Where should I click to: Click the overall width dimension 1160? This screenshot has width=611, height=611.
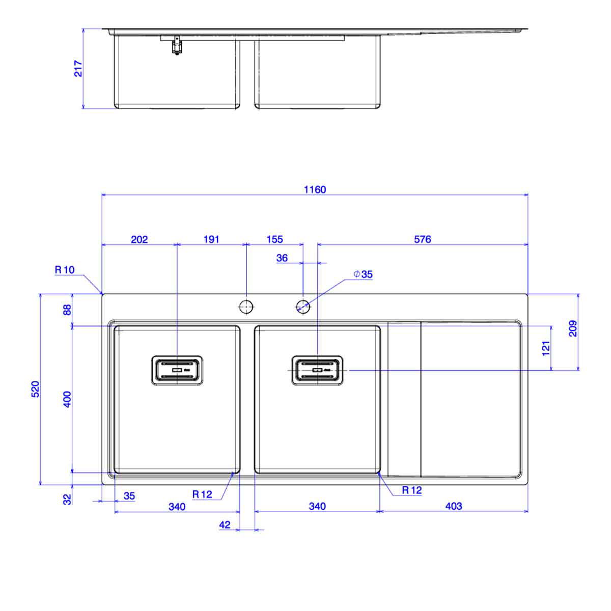pyautogui.click(x=315, y=189)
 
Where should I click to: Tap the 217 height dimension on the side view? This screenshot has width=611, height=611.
pyautogui.click(x=78, y=69)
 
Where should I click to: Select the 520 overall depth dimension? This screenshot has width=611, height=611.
pyautogui.click(x=35, y=389)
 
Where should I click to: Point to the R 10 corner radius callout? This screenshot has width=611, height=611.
pyautogui.click(x=65, y=270)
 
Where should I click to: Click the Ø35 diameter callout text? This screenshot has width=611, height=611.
pyautogui.click(x=364, y=274)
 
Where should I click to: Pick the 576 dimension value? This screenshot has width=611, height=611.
pyautogui.click(x=422, y=239)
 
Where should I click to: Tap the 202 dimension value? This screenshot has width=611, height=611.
pyautogui.click(x=139, y=239)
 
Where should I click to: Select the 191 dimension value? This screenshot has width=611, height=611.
pyautogui.click(x=211, y=239)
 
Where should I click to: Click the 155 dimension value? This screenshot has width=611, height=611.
pyautogui.click(x=274, y=239)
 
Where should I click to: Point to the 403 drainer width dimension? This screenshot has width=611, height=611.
pyautogui.click(x=454, y=506)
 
